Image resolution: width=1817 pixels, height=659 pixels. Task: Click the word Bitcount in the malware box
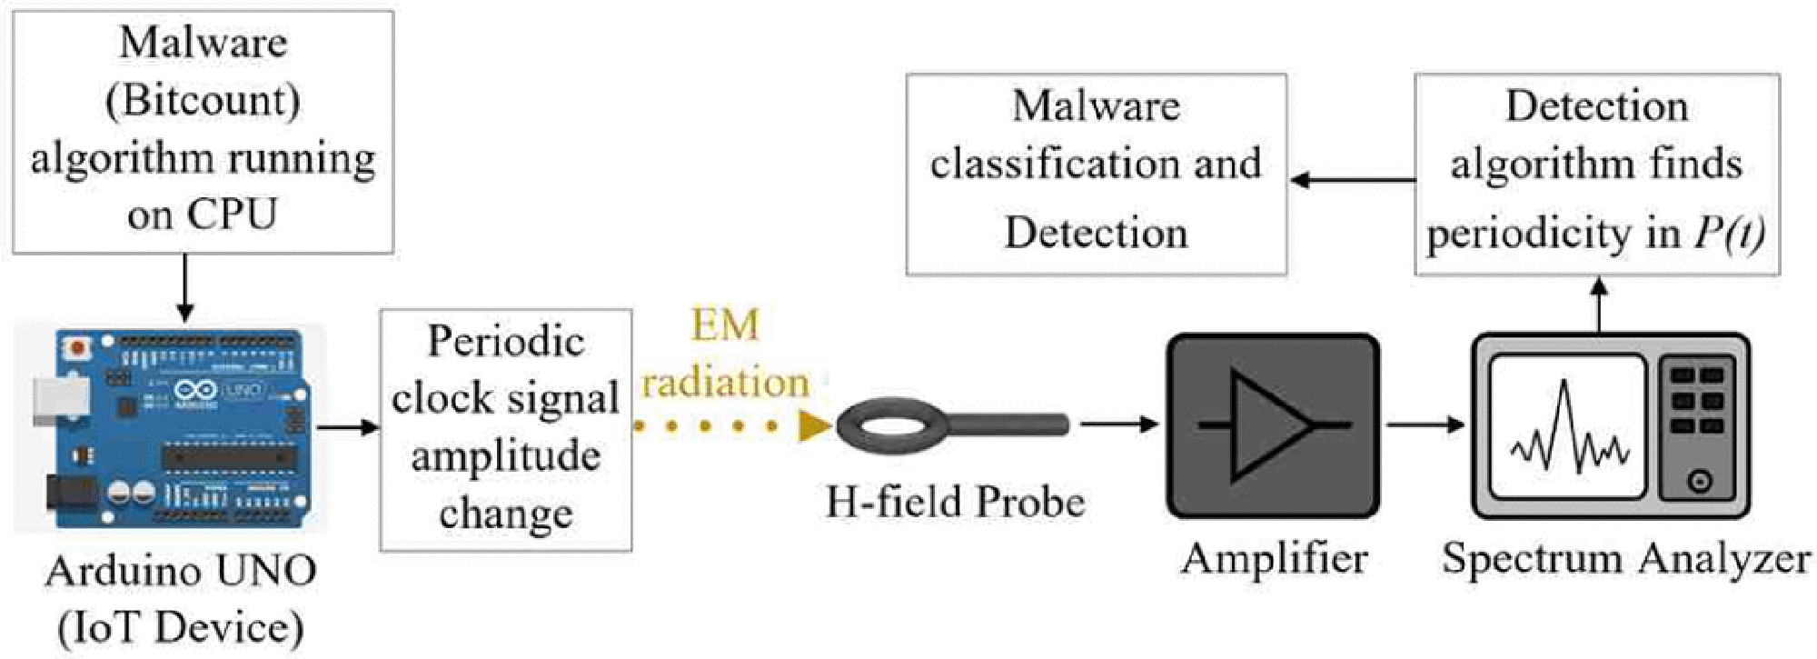[203, 100]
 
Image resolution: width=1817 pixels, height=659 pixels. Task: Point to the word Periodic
[505, 342]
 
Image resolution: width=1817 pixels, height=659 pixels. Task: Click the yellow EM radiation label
[725, 354]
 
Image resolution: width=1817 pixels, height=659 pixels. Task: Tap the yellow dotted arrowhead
[814, 425]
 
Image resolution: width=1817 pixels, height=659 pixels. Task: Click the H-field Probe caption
[955, 502]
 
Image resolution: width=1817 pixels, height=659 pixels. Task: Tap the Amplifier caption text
[1274, 558]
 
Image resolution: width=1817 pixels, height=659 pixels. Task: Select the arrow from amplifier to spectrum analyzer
[1425, 424]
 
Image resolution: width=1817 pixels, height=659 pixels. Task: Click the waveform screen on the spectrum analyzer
[1568, 426]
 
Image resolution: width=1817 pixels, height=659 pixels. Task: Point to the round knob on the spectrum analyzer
[1700, 481]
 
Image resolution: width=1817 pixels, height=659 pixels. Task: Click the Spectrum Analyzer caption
[1625, 558]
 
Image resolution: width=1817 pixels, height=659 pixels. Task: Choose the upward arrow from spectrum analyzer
[1600, 305]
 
